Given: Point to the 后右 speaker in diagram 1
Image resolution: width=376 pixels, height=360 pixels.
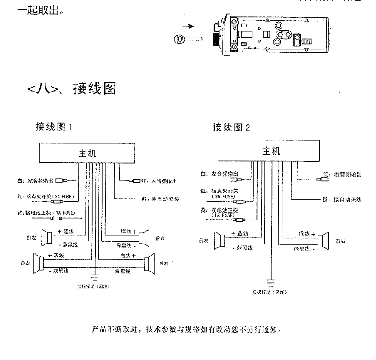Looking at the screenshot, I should (x=149, y=262).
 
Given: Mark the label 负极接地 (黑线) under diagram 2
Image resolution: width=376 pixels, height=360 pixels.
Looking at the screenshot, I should (x=270, y=293).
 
